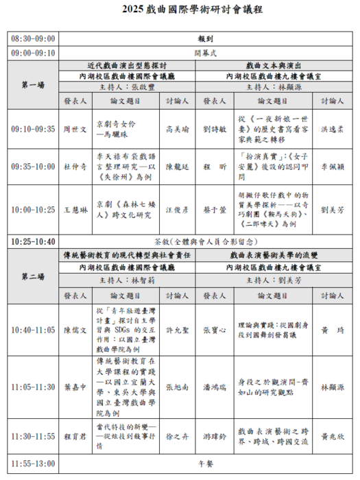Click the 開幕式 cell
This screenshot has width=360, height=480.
pyautogui.click(x=205, y=52)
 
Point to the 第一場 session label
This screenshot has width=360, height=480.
pyautogui.click(x=33, y=85)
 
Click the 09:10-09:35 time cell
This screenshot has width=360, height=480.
pyautogui.click(x=33, y=128)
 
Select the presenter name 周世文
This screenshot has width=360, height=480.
pyautogui.click(x=75, y=128)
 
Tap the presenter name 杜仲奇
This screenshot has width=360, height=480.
pyautogui.click(x=75, y=165)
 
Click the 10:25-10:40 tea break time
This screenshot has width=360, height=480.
pyautogui.click(x=33, y=241)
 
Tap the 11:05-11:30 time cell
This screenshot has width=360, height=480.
pyautogui.click(x=33, y=387)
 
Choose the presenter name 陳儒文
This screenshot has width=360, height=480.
pyautogui.click(x=75, y=330)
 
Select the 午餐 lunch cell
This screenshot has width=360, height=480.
pyautogui.click(x=205, y=463)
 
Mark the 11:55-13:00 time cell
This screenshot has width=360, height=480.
pyautogui.click(x=33, y=463)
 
